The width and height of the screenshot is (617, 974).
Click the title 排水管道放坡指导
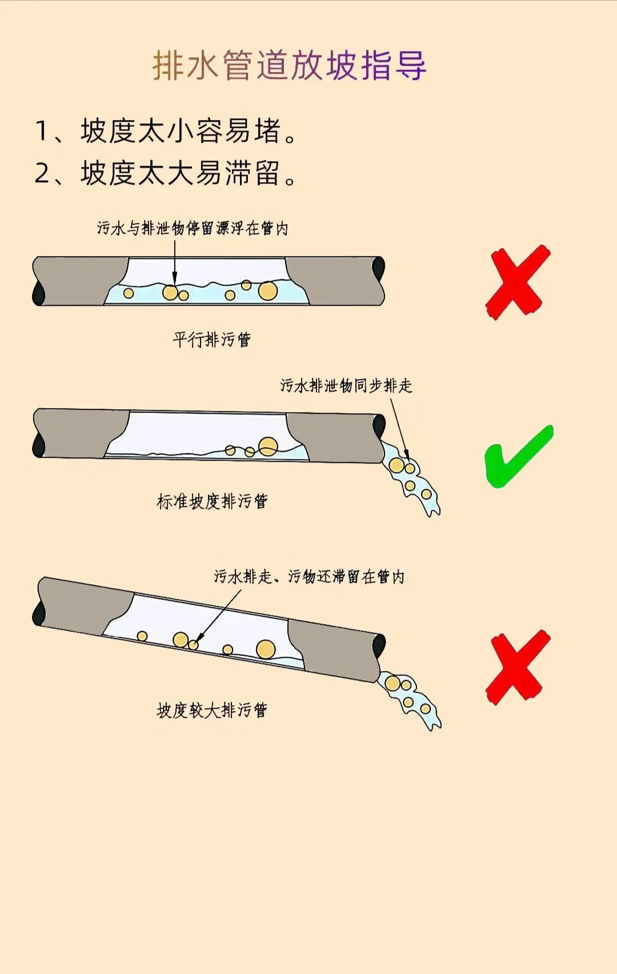coord(290,66)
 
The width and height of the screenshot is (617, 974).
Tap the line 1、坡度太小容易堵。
coord(166,131)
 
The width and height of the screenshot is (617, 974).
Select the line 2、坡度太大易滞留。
coord(166,173)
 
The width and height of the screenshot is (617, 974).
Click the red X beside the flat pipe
coord(518,282)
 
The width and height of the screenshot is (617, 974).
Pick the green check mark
coord(519,457)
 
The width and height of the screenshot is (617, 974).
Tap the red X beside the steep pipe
coord(518,666)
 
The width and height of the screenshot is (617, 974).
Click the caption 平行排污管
coord(212,340)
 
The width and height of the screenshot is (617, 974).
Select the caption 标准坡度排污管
coord(212,501)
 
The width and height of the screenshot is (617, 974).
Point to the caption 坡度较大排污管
coord(212,710)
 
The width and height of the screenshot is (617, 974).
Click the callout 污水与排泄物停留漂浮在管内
coord(193,228)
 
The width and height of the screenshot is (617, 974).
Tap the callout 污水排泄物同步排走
coord(346,385)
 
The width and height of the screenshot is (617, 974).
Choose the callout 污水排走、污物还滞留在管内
coord(309,577)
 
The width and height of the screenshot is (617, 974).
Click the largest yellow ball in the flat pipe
coord(268,290)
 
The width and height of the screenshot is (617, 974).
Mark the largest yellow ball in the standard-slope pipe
coord(268,446)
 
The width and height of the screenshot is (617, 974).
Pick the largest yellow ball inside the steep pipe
coord(266,649)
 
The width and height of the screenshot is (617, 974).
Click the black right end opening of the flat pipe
coord(378,268)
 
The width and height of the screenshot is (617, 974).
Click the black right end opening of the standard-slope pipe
coord(379,426)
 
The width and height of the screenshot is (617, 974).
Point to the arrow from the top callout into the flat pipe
coord(175,262)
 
